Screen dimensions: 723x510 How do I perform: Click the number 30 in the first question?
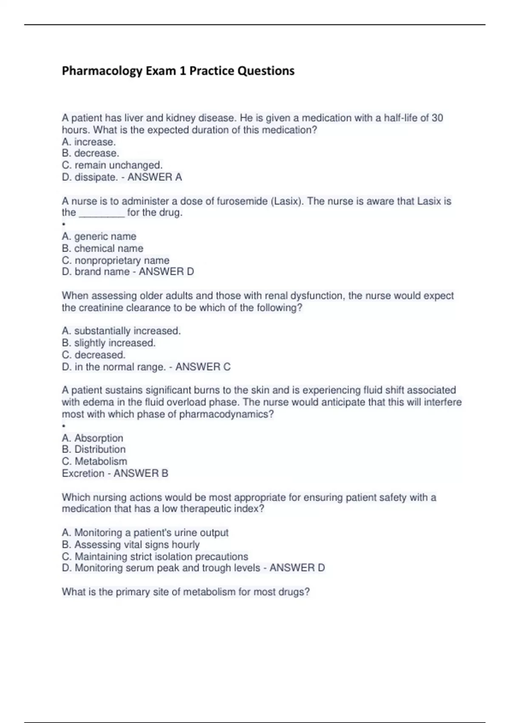click(437, 118)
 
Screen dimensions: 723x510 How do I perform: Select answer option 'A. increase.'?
click(89, 142)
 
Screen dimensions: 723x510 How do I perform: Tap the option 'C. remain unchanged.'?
click(112, 165)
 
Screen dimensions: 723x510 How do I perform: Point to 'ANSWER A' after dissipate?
click(155, 177)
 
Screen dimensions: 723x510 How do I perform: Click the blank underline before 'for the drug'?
click(102, 213)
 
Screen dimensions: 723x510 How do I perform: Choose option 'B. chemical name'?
click(102, 248)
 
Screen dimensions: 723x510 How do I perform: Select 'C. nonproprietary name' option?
click(116, 260)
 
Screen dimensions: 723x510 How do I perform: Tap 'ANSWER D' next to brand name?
click(166, 271)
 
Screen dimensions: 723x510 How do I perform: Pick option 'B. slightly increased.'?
click(109, 343)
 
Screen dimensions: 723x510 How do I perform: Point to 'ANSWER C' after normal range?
click(203, 367)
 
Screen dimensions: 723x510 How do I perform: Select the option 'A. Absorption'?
click(93, 438)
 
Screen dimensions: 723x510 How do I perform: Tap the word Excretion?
click(83, 473)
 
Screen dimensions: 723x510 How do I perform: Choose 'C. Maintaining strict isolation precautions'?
click(155, 556)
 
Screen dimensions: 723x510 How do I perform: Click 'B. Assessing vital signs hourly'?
click(131, 544)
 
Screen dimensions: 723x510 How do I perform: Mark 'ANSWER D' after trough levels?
click(297, 568)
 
